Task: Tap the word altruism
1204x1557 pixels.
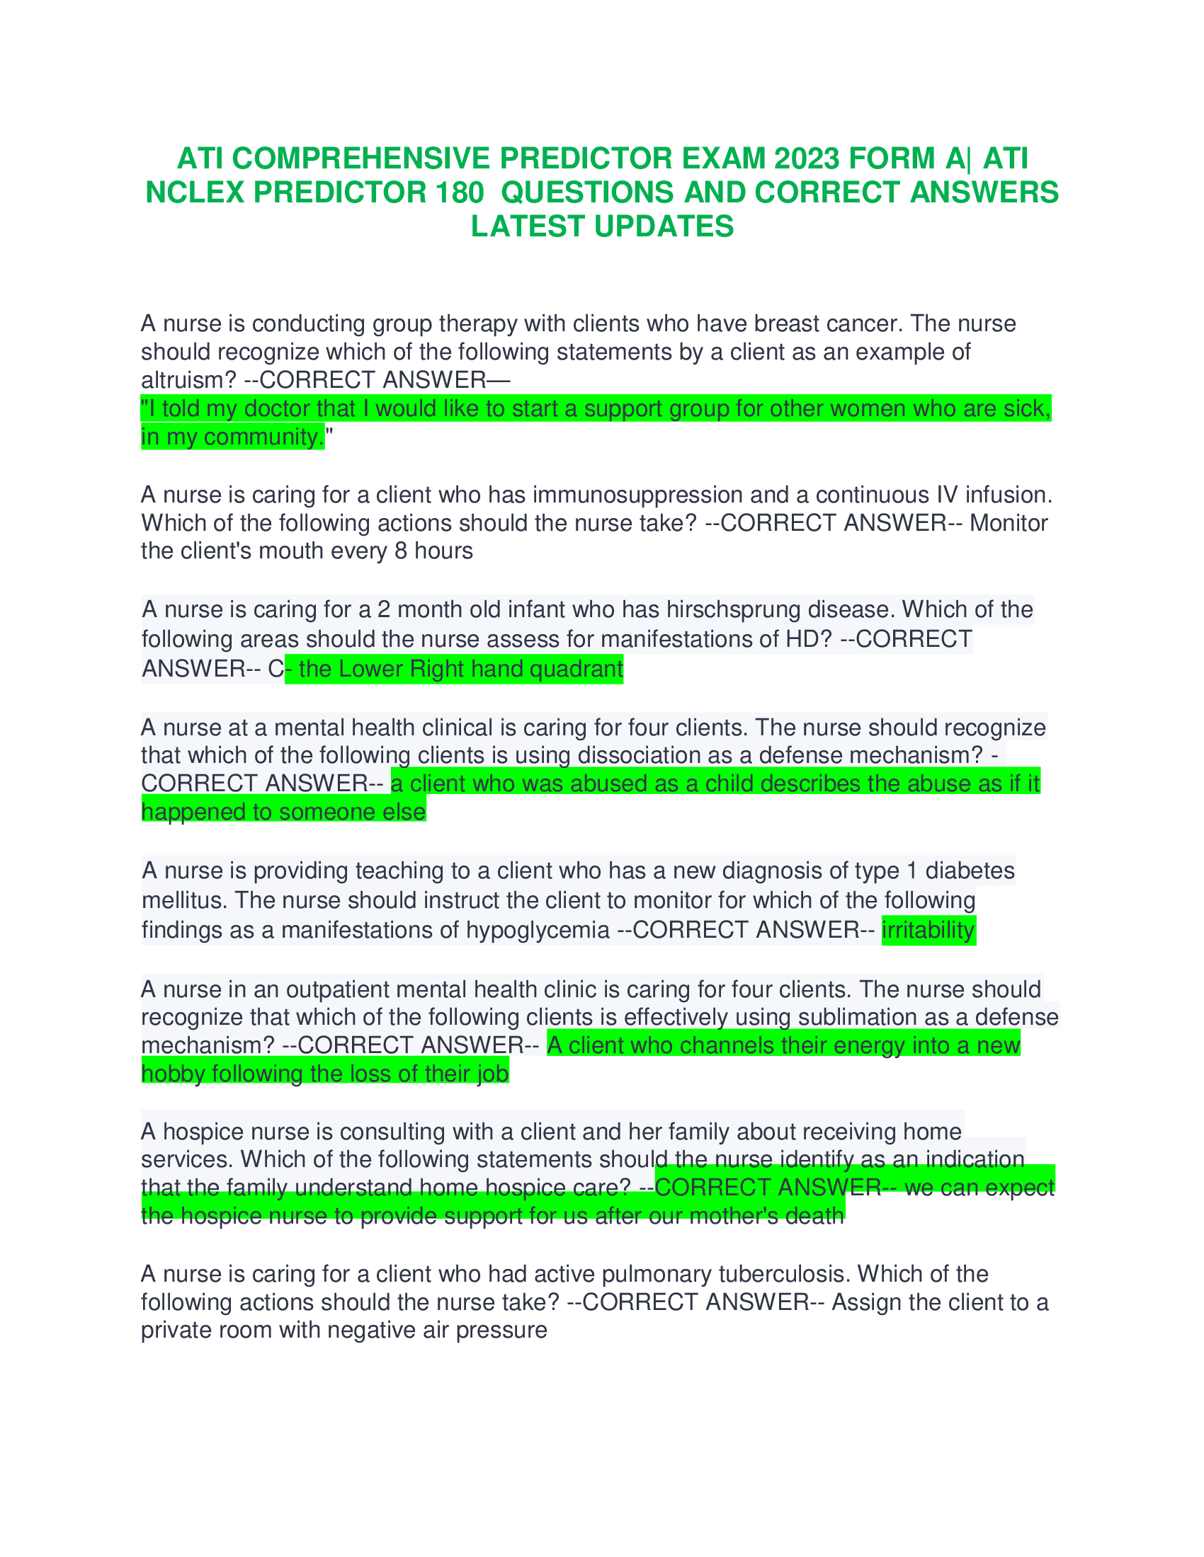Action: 188,379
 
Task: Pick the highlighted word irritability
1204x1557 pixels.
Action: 928,930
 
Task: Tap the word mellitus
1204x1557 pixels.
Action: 184,900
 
